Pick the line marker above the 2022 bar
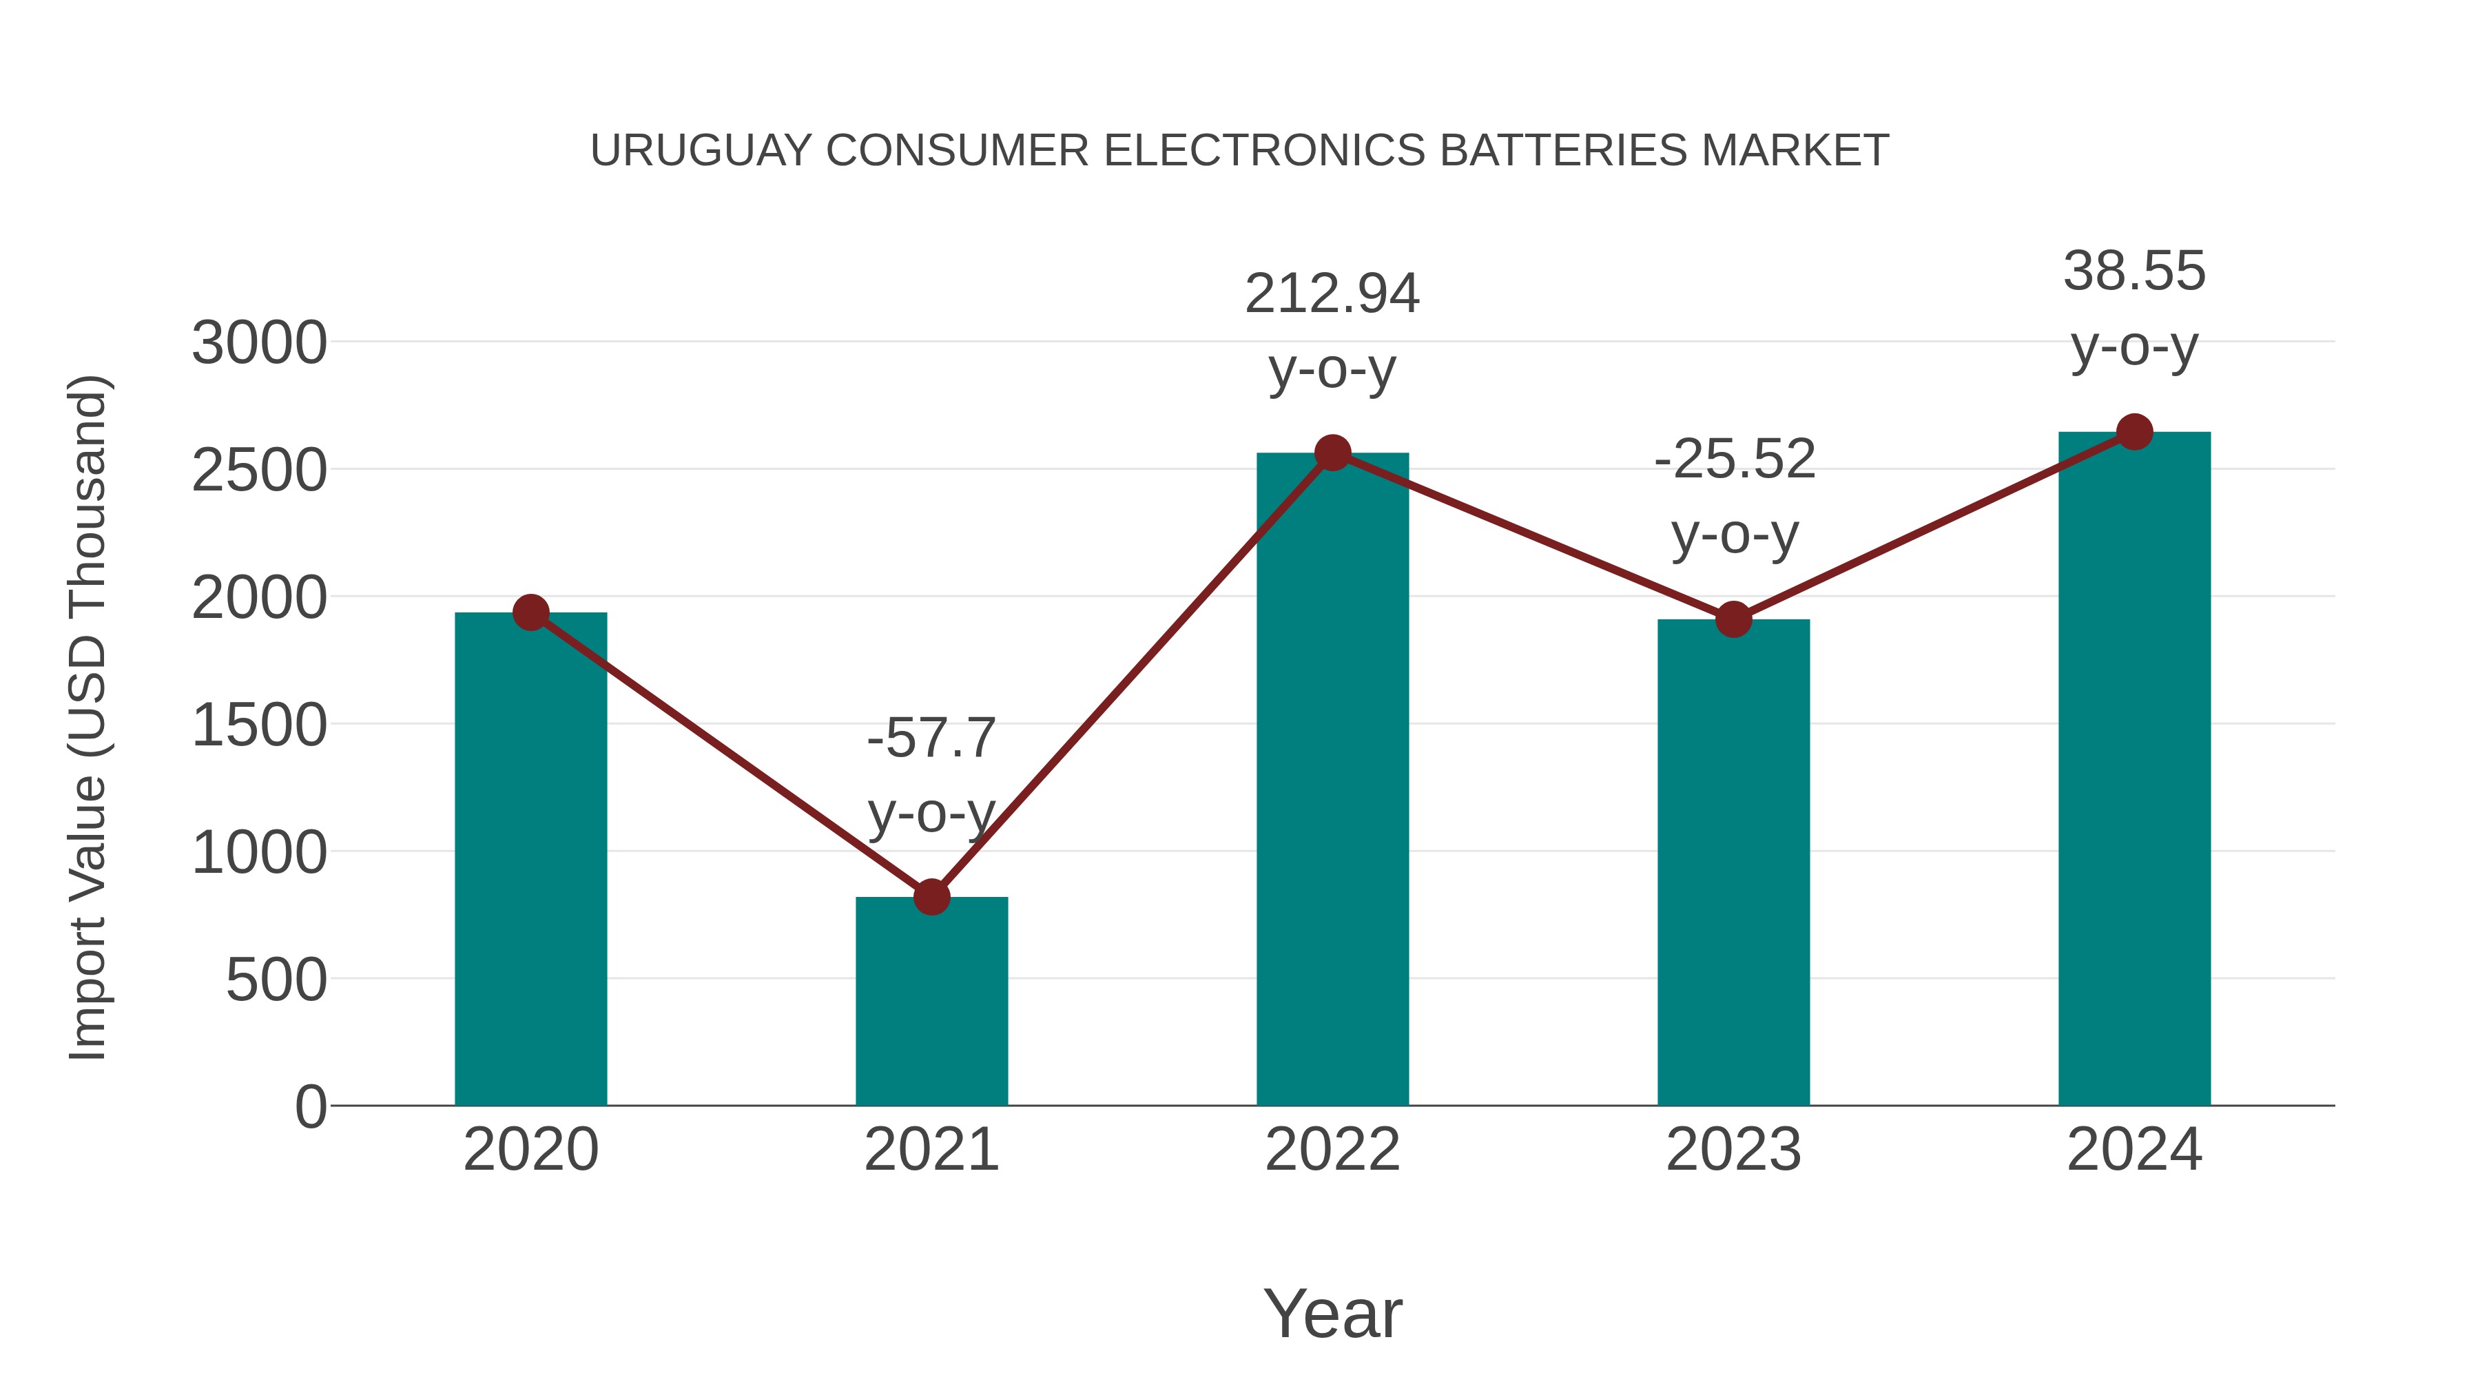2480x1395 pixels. point(1332,453)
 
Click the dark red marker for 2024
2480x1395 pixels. point(2134,432)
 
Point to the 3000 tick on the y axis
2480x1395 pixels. point(259,343)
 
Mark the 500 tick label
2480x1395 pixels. point(276,980)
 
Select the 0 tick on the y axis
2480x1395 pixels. point(310,1106)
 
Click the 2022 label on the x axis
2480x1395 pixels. point(1332,1150)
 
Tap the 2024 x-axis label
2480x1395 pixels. point(2133,1150)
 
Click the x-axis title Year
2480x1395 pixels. point(1332,1313)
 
